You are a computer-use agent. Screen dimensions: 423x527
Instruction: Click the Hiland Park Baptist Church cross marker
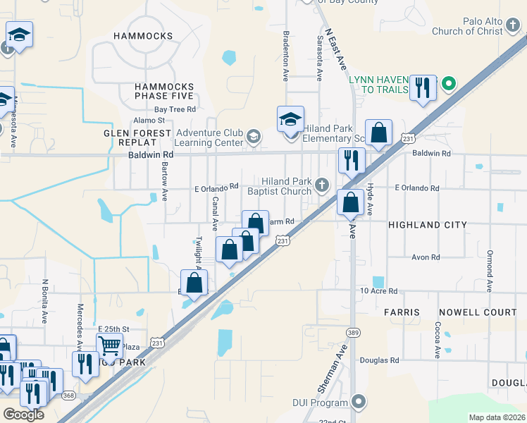(322, 185)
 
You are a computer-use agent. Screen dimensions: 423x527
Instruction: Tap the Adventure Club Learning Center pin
(253, 135)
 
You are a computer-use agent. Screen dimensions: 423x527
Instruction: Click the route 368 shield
(69, 396)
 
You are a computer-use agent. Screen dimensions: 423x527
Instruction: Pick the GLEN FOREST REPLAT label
(138, 137)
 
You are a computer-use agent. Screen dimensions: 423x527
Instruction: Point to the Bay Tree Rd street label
(175, 109)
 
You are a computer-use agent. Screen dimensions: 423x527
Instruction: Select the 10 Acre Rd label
(378, 291)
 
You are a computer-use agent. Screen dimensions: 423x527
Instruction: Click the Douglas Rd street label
(379, 360)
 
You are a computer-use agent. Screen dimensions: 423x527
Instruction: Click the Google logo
(23, 415)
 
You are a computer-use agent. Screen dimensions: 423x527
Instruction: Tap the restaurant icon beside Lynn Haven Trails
(422, 87)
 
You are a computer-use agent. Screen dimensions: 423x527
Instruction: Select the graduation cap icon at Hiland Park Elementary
(290, 119)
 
